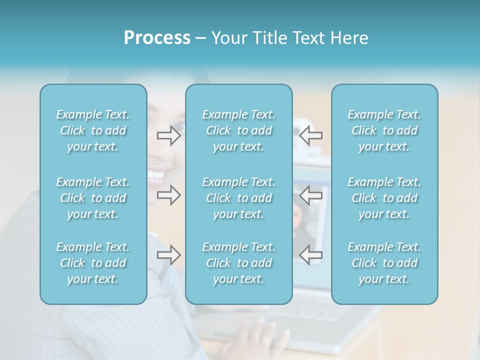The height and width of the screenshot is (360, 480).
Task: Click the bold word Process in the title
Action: coord(157,38)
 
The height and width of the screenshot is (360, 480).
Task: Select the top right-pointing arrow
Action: coord(168,135)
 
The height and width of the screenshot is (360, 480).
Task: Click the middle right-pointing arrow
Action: coord(168,195)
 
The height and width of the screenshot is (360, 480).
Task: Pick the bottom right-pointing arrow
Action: coord(168,255)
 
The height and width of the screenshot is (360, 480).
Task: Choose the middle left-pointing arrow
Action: coord(310,195)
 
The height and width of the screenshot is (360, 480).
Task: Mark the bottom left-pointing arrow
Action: coord(310,255)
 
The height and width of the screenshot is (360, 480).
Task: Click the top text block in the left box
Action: coord(93,130)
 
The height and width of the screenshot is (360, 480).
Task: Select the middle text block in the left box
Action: coord(93,198)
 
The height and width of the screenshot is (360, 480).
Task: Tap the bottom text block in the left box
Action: coord(93,263)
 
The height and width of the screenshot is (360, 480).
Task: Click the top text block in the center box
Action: coord(238,130)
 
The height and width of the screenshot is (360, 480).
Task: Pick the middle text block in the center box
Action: coord(238,198)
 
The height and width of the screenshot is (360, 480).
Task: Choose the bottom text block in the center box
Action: coord(238,263)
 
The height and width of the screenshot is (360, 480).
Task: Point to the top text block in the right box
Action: coord(384,130)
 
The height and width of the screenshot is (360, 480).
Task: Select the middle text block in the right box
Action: coord(384,198)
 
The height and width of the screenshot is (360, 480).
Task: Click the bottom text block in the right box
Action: coord(384,263)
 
